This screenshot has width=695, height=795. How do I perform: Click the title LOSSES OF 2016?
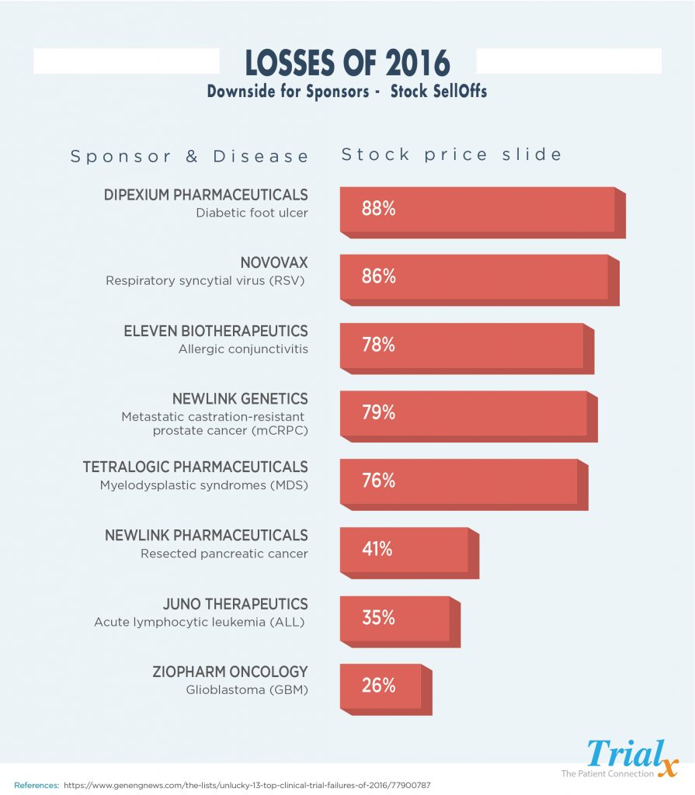coord(347,63)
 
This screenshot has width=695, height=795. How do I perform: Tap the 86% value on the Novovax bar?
coord(379,276)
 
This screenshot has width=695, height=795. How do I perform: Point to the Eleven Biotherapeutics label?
coord(216,331)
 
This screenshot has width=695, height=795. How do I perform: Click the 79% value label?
coord(379,413)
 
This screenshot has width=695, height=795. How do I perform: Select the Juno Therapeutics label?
coord(235,604)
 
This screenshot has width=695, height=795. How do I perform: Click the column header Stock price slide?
coord(451,154)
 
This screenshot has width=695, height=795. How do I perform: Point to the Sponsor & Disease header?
coord(190,156)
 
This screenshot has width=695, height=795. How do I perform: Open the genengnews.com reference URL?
coord(248,785)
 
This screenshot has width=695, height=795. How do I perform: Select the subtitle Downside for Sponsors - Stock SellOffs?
coord(347,92)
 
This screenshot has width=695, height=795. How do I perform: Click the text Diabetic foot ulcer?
coord(252,213)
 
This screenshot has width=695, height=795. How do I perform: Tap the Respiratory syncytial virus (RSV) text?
coord(207,281)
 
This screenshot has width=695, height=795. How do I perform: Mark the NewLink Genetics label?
coord(240,399)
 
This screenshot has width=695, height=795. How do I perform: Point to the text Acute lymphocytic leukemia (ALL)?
coord(200,622)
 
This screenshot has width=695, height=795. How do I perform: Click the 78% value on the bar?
coord(379,345)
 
